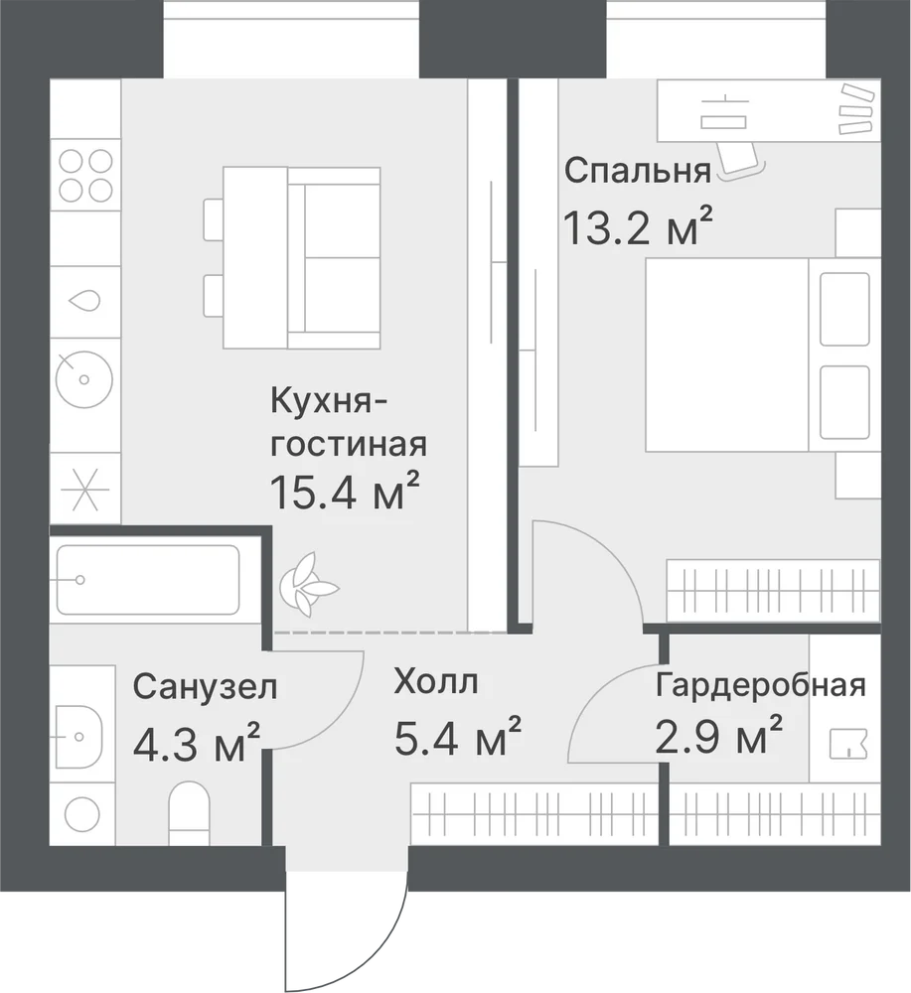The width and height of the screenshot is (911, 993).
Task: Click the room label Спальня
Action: pyautogui.click(x=638, y=171)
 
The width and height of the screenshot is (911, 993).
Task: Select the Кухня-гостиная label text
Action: pyautogui.click(x=349, y=423)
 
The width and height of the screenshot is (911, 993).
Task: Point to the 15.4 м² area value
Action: pyautogui.click(x=345, y=492)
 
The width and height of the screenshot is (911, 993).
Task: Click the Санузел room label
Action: pyautogui.click(x=206, y=687)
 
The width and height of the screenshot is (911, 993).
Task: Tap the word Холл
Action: pyautogui.click(x=436, y=681)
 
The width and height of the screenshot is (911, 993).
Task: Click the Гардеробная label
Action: pyautogui.click(x=760, y=685)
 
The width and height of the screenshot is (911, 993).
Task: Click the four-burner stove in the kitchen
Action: pyautogui.click(x=85, y=176)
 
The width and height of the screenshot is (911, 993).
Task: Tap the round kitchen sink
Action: pyautogui.click(x=84, y=380)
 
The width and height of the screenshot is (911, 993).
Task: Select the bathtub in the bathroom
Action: pyautogui.click(x=148, y=580)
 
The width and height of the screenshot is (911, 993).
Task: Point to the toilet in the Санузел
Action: pyautogui.click(x=189, y=812)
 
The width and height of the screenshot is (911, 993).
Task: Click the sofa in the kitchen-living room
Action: pyautogui.click(x=333, y=258)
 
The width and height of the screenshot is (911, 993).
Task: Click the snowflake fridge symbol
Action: pyautogui.click(x=84, y=490)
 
